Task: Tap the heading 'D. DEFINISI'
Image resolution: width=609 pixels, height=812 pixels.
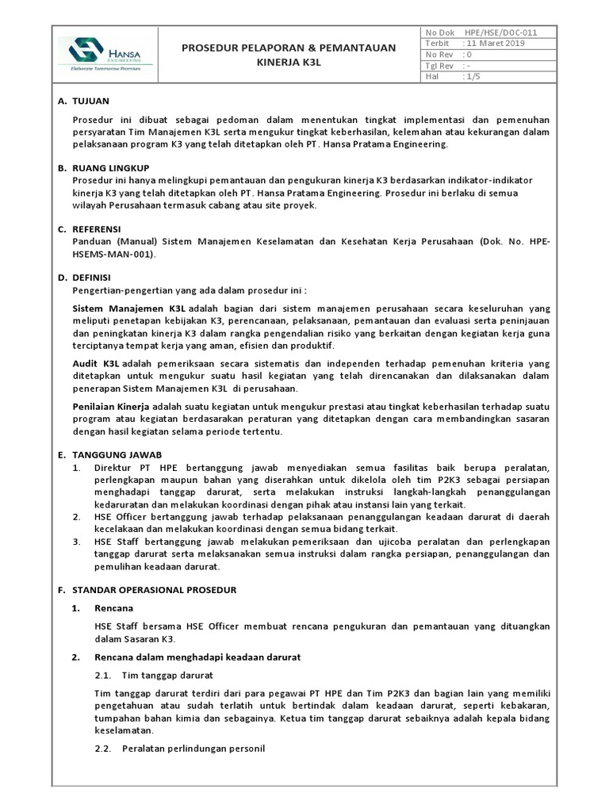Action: [91, 278]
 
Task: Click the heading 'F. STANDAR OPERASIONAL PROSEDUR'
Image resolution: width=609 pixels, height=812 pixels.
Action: [147, 590]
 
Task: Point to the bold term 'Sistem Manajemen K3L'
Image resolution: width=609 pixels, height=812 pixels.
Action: [128, 306]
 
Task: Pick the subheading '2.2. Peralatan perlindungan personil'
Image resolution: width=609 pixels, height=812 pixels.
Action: [179, 749]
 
